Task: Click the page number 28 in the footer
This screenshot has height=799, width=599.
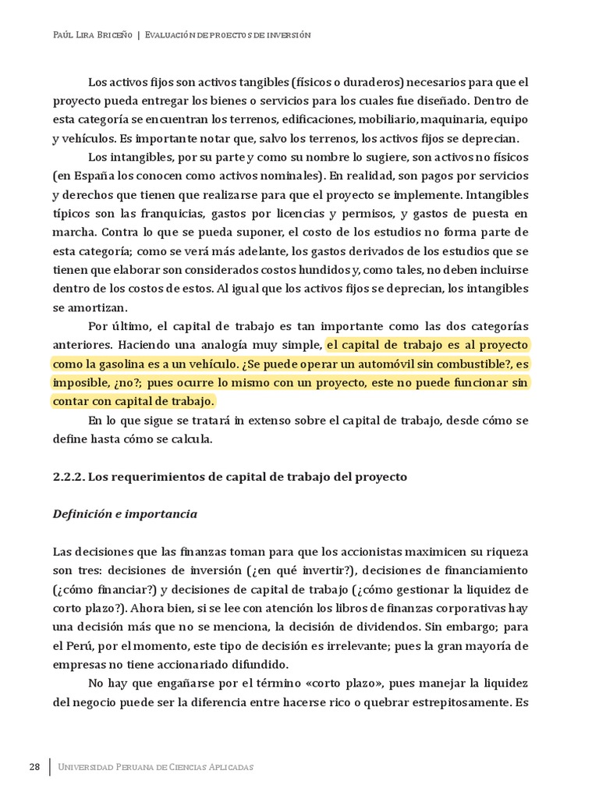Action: [34, 766]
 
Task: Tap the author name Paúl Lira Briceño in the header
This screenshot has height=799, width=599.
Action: [91, 35]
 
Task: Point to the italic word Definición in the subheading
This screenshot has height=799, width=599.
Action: [82, 514]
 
